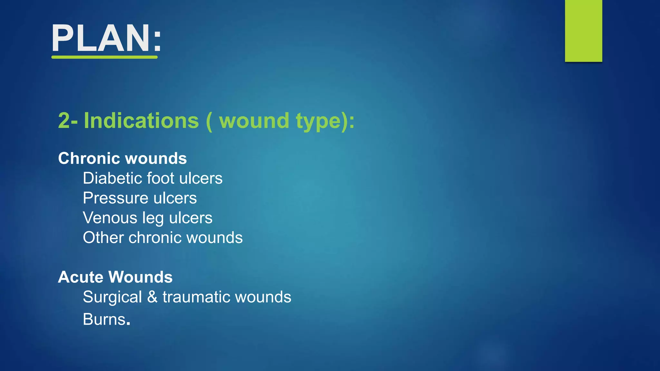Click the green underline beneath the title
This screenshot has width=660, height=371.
click(x=104, y=57)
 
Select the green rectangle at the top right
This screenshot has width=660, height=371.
click(x=583, y=31)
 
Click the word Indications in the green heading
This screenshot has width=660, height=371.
click(x=141, y=121)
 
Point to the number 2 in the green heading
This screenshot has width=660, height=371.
click(x=64, y=121)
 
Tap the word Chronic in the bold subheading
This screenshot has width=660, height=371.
click(x=89, y=158)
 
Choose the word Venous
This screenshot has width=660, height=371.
click(x=110, y=218)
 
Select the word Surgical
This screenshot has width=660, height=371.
click(x=112, y=297)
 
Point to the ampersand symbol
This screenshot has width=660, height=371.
click(x=152, y=297)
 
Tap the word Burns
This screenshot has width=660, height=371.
click(x=104, y=319)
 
